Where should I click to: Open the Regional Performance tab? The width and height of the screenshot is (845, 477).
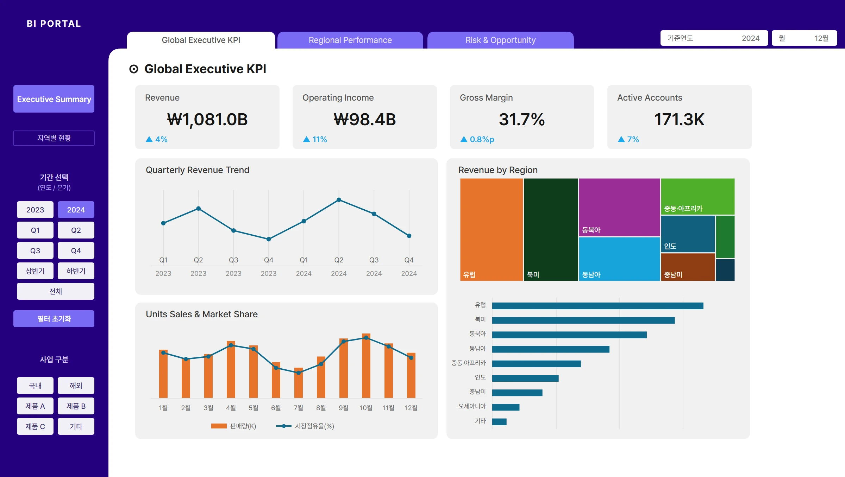(350, 40)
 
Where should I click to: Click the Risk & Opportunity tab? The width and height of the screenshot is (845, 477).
(500, 40)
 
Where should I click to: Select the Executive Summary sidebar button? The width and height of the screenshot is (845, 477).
(54, 99)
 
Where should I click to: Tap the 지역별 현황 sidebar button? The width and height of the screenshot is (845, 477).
(54, 138)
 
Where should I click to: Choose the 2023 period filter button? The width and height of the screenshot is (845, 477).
(35, 210)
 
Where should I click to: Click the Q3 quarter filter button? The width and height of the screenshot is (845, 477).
(35, 250)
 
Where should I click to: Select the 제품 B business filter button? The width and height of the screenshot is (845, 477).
(76, 406)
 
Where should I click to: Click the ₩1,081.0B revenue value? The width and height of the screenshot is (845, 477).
(207, 119)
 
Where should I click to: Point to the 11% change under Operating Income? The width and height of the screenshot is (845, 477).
(315, 139)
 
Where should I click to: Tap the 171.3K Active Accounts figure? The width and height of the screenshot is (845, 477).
(679, 119)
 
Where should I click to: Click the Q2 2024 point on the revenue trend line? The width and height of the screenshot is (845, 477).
(339, 200)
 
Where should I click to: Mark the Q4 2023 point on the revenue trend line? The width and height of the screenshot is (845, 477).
(269, 239)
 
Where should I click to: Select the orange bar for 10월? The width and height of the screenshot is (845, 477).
(366, 366)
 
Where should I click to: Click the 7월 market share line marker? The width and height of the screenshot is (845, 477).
(299, 373)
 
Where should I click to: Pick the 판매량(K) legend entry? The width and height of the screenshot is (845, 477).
(234, 426)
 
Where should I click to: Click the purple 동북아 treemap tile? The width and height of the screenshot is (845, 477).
(619, 207)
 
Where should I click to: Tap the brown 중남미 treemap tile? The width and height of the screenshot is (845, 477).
(688, 267)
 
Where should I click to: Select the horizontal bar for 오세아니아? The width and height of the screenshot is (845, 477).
(506, 407)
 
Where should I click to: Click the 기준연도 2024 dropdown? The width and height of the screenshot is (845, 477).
(714, 38)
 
